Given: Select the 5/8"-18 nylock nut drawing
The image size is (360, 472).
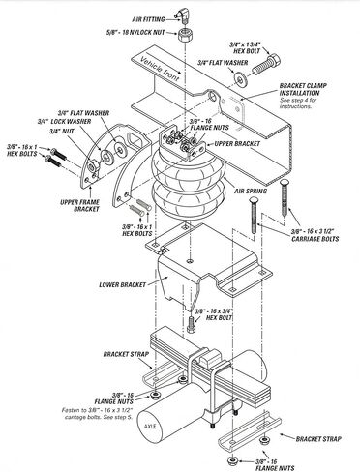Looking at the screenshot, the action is [185, 34].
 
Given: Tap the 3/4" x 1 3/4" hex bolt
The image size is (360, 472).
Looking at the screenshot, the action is [266, 66].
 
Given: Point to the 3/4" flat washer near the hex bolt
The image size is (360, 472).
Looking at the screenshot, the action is [240, 79].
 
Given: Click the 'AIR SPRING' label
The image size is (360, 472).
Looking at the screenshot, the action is [251, 191].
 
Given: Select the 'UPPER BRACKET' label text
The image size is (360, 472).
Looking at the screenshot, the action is [237, 143].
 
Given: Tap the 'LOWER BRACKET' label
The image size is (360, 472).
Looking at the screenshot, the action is [122, 285].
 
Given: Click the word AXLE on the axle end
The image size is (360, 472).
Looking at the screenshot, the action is [150, 427].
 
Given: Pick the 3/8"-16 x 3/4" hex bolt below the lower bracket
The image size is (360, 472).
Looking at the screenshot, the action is [192, 324].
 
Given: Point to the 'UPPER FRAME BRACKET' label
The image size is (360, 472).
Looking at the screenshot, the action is [79, 205].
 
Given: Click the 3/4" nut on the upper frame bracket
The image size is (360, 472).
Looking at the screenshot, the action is [93, 166].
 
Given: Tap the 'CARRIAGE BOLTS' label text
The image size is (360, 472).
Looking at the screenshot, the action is [315, 239].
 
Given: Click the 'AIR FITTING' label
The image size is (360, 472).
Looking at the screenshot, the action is [148, 19].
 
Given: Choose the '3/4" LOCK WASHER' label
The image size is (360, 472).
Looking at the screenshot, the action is [64, 122].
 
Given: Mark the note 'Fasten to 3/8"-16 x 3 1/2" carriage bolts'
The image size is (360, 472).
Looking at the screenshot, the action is [97, 414].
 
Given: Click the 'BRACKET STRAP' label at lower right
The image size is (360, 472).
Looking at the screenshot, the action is [318, 439].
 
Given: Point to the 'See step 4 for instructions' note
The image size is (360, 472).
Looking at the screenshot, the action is [298, 103].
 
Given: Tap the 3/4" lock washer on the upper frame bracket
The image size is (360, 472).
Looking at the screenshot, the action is [106, 158].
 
